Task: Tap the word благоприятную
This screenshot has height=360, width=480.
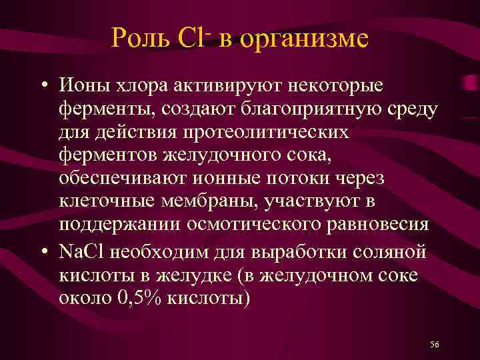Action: pyautogui.click(x=317, y=110)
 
